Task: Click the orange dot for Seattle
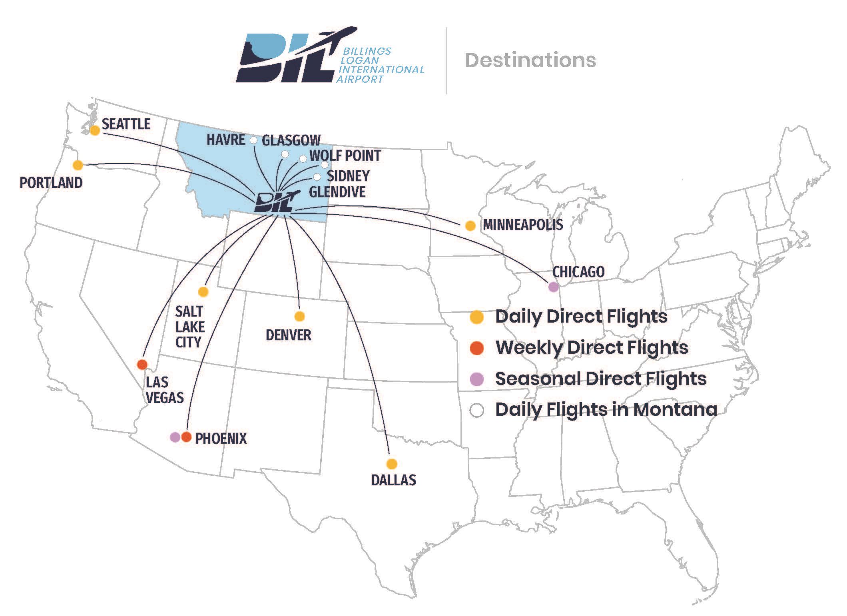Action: click(x=95, y=130)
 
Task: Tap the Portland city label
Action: click(x=51, y=183)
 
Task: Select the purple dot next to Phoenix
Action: click(x=175, y=437)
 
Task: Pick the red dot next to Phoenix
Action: click(x=187, y=437)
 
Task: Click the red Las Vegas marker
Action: click(x=142, y=364)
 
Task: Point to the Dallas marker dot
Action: click(x=392, y=464)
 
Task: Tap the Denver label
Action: click(x=288, y=335)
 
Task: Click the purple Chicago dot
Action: click(x=553, y=287)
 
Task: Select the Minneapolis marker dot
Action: click(x=470, y=226)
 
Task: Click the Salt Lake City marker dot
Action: click(x=203, y=292)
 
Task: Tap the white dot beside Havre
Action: click(x=253, y=140)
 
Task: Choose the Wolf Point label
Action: click(x=345, y=155)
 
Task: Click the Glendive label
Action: click(x=337, y=192)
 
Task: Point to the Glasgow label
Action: click(x=291, y=140)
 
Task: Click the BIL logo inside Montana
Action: click(x=276, y=202)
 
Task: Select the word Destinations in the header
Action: click(x=530, y=60)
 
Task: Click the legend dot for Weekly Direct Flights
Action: click(x=476, y=348)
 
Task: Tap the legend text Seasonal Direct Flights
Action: click(x=600, y=379)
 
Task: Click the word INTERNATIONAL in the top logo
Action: click(x=381, y=70)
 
